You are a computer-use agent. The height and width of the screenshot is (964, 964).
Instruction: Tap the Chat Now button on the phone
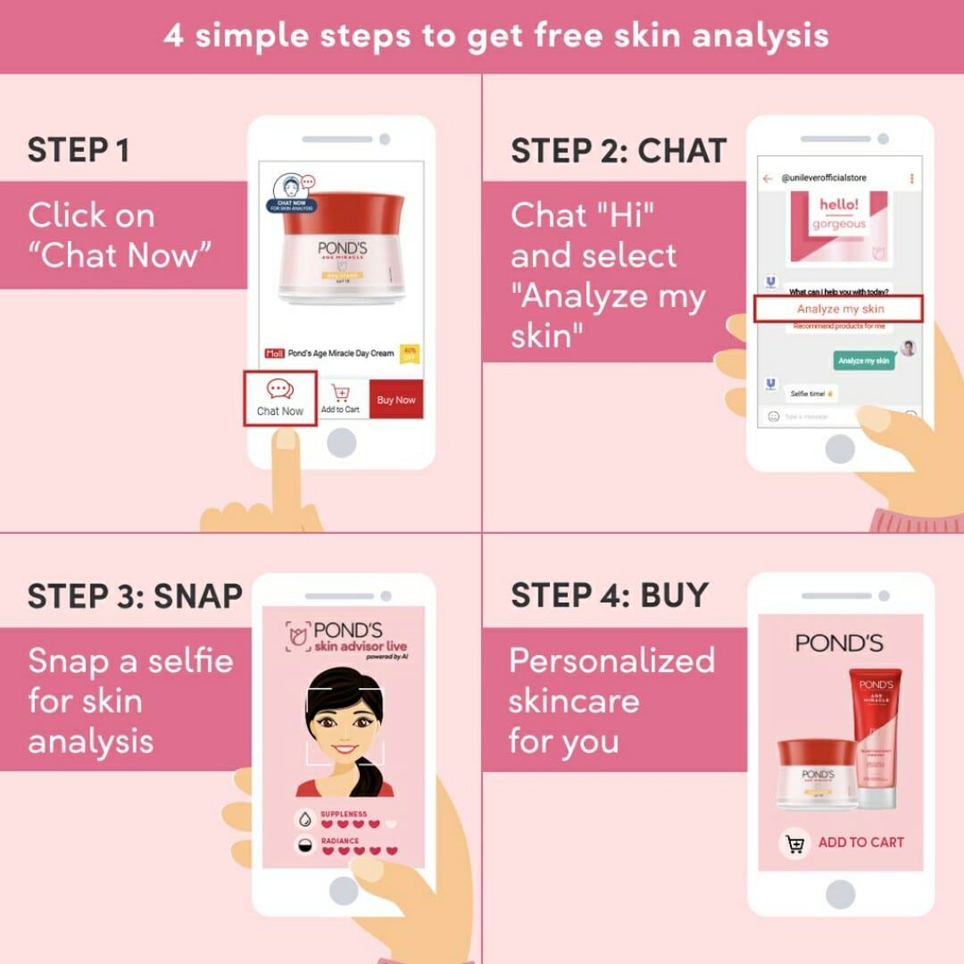tap(280, 398)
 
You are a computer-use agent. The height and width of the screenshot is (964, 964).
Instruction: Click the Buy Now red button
tap(395, 400)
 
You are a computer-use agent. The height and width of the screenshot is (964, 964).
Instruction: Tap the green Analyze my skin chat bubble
tap(863, 361)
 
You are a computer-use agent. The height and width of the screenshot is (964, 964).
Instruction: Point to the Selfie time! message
tap(810, 393)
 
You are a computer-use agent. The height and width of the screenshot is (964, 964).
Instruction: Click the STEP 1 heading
tap(79, 151)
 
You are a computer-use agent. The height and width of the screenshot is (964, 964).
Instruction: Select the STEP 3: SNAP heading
tap(135, 596)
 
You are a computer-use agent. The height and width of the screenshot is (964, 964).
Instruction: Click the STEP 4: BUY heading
tap(610, 595)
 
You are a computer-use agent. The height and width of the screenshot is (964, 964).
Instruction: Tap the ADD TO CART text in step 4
tap(860, 842)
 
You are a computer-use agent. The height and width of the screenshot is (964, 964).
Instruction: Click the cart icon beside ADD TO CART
tap(795, 843)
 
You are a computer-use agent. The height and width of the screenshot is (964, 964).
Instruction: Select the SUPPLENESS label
tap(344, 814)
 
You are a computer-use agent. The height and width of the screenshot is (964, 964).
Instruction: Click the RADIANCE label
tap(340, 841)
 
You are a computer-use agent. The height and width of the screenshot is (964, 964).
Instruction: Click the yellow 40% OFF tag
tap(410, 353)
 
